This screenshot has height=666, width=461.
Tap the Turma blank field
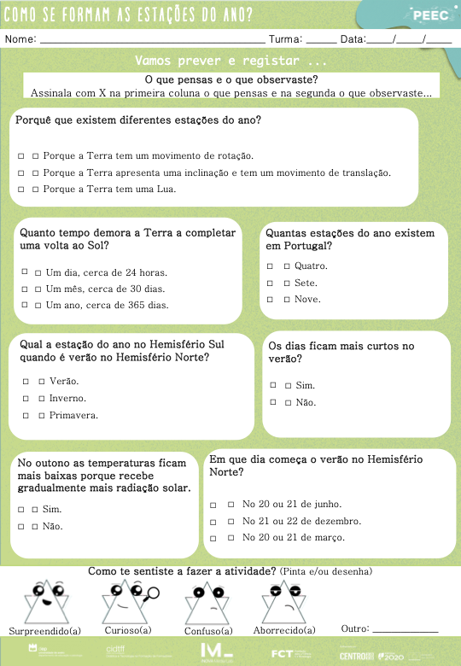(321, 40)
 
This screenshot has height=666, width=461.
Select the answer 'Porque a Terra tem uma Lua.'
(109, 189)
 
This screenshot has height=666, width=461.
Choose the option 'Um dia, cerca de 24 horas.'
(106, 272)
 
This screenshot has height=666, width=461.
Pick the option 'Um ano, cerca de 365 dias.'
(107, 305)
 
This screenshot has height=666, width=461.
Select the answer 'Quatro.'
(310, 266)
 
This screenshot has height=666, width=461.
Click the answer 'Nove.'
(306, 299)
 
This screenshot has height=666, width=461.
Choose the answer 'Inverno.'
(67, 398)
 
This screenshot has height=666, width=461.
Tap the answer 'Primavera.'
(73, 415)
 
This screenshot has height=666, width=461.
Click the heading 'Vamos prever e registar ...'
(230, 61)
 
